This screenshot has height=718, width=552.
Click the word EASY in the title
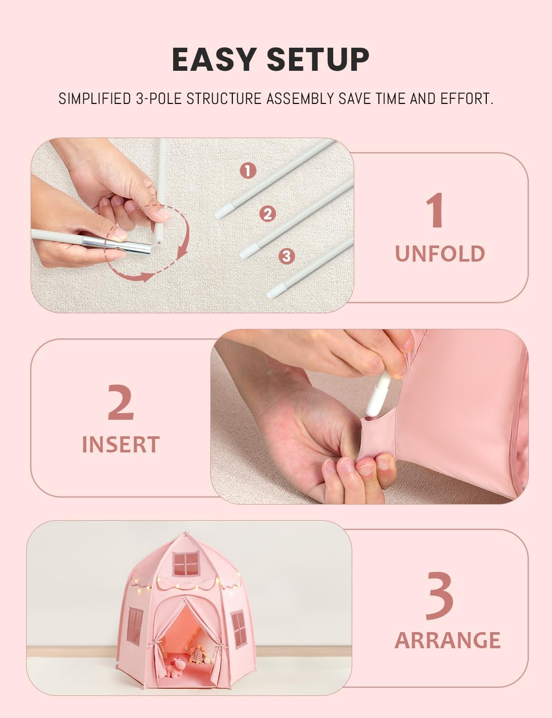(x=214, y=59)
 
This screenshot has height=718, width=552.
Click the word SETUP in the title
(x=318, y=59)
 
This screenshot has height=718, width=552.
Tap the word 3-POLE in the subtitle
(x=159, y=98)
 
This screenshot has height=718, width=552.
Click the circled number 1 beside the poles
(x=248, y=171)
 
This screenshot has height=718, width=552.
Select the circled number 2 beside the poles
(x=267, y=213)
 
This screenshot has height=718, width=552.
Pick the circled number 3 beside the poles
(x=287, y=256)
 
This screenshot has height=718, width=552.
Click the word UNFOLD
(x=440, y=254)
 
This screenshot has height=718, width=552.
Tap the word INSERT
(x=121, y=444)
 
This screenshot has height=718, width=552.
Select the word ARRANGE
(x=447, y=640)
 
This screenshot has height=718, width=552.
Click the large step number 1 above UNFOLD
(x=435, y=210)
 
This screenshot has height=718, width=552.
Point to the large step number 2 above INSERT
(x=121, y=402)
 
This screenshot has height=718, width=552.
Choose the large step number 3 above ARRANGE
(x=440, y=595)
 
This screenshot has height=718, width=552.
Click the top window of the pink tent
(x=187, y=563)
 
